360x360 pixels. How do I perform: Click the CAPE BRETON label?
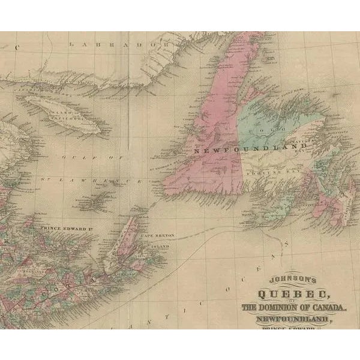click(x=156, y=236)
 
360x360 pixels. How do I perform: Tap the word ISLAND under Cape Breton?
click(x=159, y=246)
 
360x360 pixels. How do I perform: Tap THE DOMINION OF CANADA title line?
click(x=294, y=307)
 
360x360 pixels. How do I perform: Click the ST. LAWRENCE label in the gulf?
click(x=90, y=180)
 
